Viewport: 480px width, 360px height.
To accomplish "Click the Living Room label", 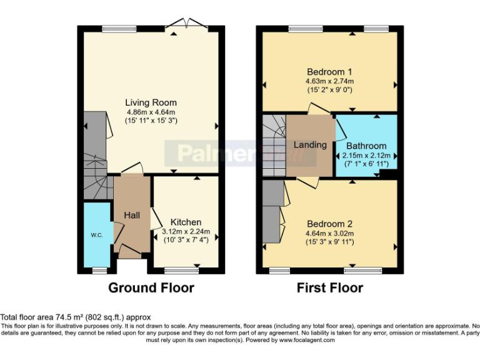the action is coord(151,102).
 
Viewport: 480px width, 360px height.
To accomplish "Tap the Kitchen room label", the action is coord(186,222).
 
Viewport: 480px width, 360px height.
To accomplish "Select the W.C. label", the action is coord(97,235).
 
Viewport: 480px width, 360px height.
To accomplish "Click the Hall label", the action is coord(132,215).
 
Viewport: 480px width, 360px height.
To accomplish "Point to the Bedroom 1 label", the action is coord(329,72).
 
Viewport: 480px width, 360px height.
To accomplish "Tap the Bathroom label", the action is coord(366,146).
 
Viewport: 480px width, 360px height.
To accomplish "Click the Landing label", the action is coord(310,144).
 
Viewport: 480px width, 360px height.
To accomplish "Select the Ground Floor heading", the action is coord(151,287).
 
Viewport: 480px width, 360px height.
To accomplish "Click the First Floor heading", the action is coord(330,287).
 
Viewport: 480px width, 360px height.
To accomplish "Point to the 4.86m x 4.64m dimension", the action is coord(151,112).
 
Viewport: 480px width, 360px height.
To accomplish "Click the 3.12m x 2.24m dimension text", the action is coord(186,231).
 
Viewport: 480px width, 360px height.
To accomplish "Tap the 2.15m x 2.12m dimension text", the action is coord(366,156).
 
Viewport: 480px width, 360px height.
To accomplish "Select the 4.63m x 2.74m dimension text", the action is coord(330,81).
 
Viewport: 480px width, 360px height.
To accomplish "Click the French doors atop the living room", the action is coord(186,24).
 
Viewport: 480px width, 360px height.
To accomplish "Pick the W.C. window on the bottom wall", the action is coord(100,271).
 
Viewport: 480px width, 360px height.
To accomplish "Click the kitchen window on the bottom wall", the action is coord(181,271).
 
